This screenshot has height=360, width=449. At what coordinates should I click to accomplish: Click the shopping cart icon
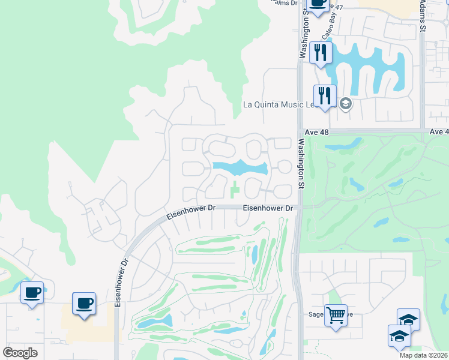tap(336, 314)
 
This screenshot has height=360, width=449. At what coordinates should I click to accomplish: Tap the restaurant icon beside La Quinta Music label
tap(325, 95)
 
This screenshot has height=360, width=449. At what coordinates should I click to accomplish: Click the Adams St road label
tap(423, 15)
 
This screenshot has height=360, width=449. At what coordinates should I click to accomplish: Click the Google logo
tap(20, 353)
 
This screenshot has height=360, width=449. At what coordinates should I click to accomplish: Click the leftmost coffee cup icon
tap(32, 293)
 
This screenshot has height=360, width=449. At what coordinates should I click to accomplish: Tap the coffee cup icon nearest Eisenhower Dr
tap(83, 303)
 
